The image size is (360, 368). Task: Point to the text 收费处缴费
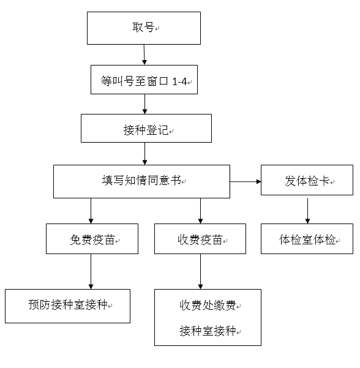(x=208, y=305)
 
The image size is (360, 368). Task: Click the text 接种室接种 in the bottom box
(x=208, y=331)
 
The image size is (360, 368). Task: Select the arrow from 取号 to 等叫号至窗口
(x=144, y=54)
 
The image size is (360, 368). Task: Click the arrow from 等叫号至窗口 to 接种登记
(x=145, y=104)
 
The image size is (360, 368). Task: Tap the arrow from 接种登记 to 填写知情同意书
(x=145, y=154)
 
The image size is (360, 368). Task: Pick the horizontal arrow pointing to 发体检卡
(x=246, y=181)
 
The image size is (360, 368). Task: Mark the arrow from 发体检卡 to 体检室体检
(x=308, y=211)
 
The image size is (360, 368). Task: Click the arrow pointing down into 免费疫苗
(x=91, y=211)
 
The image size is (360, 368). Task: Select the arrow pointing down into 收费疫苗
(x=200, y=211)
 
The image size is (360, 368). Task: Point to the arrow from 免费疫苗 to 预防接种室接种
(x=91, y=271)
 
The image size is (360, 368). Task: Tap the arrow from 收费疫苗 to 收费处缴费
(x=200, y=271)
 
